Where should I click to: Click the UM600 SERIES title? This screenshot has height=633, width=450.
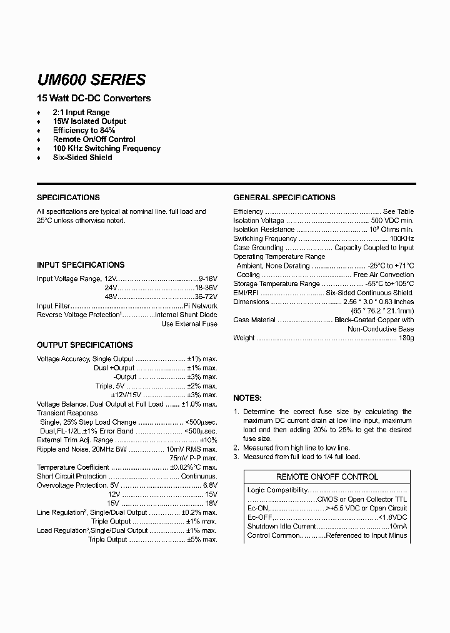point(91,80)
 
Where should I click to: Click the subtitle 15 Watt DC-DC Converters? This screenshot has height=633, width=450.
point(94,98)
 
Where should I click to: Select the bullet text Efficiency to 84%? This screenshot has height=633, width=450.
point(84,130)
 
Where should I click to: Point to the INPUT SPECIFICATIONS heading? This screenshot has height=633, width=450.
point(81,265)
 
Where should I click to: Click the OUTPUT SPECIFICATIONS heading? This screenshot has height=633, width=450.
point(84,345)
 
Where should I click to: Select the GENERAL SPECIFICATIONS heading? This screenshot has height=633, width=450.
point(284,197)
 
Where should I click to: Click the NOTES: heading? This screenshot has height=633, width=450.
point(247,398)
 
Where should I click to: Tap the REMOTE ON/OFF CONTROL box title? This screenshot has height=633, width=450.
point(327,477)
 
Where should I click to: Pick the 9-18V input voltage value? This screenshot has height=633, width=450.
point(207,278)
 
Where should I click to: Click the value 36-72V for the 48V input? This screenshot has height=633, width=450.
point(206,296)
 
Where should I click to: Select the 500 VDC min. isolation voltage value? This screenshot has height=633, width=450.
point(392,220)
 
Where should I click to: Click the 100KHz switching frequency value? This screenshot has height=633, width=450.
point(401,238)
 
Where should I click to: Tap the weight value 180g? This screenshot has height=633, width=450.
point(406,338)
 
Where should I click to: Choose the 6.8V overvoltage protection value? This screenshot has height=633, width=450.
point(210,485)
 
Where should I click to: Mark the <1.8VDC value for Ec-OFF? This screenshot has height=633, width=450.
point(392,517)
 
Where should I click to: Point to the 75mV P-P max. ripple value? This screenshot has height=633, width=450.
point(193,458)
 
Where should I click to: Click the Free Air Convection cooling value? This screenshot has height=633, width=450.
point(383,275)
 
